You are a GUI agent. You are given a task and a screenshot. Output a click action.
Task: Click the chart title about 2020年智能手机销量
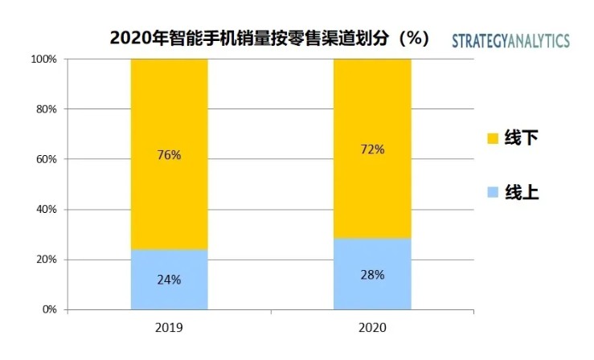[269, 39]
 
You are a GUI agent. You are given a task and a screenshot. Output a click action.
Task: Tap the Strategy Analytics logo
[511, 41]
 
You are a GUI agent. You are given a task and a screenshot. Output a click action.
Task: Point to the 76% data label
[170, 155]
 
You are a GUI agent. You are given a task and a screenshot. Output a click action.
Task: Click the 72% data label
[372, 149]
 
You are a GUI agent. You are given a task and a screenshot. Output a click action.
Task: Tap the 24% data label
[170, 280]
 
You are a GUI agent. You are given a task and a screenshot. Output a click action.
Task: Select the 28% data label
[372, 275]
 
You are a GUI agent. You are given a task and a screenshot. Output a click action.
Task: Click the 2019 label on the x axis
[170, 328]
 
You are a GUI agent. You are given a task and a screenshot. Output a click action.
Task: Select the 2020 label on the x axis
[372, 328]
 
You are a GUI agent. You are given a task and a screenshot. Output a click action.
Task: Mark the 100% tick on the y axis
[43, 59]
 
